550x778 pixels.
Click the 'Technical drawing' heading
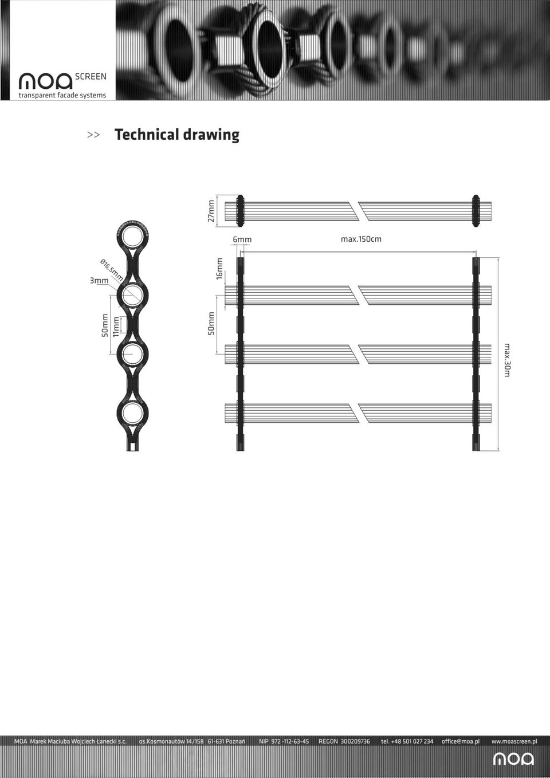click(176, 135)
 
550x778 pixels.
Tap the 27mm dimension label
click(211, 211)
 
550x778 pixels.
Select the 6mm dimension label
click(242, 239)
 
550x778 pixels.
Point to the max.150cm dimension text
click(361, 239)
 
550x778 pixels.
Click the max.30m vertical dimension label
click(507, 360)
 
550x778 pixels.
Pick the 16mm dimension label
click(219, 269)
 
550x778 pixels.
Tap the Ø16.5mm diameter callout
click(111, 270)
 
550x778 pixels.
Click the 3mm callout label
click(99, 280)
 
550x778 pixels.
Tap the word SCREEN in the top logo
click(91, 77)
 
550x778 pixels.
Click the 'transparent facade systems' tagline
click(62, 95)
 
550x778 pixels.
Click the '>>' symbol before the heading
click(93, 135)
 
